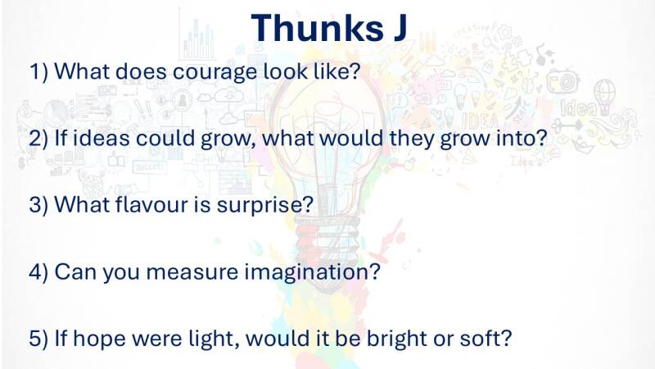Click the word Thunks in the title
pos(317,28)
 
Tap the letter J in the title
pos(400,28)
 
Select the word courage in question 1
pos(215,73)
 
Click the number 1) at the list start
pos(38,71)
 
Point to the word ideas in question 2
pos(102,138)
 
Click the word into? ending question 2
pos(522,138)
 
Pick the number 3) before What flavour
pos(38,204)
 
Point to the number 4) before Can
pos(38,271)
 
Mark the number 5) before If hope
pos(38,339)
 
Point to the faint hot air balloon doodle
pos(604,94)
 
